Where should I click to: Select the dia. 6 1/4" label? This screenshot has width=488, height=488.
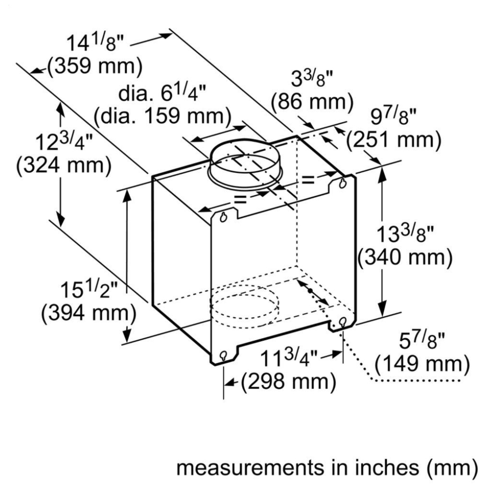click(162, 93)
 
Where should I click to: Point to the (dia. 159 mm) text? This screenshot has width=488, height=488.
click(163, 116)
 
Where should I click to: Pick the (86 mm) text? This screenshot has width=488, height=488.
click(312, 102)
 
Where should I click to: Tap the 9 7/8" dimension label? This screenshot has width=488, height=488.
click(393, 117)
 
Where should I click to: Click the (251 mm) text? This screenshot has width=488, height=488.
click(394, 139)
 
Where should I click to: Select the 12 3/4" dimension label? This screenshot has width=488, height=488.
click(64, 142)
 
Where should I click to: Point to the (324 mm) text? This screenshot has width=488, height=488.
click(64, 165)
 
